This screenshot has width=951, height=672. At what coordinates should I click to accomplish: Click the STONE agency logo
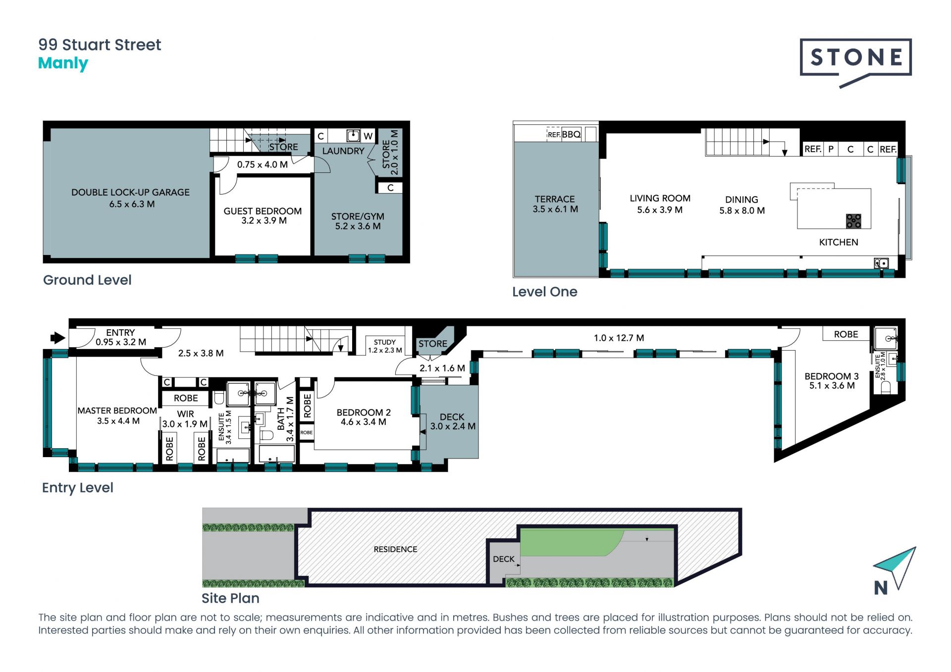tap(855, 62)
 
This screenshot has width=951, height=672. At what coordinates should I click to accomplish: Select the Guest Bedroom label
tap(263, 216)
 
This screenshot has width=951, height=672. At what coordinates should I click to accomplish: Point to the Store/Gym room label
tap(358, 221)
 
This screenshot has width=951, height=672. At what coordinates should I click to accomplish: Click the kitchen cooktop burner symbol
tap(853, 221)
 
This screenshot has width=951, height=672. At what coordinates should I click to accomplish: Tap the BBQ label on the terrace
tap(571, 134)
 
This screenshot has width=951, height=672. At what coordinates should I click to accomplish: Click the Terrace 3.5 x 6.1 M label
tap(555, 204)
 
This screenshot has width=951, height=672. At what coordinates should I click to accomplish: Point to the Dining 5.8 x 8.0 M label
tap(742, 205)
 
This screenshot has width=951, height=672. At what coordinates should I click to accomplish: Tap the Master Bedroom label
tap(117, 416)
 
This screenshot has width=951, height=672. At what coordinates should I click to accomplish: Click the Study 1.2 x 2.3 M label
tap(385, 346)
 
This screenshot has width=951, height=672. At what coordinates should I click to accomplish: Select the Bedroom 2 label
tap(364, 417)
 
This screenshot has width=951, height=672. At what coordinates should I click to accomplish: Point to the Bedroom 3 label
tap(832, 381)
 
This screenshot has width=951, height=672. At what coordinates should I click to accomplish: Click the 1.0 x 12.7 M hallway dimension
tap(619, 338)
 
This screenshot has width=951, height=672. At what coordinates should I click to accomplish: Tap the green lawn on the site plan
tap(570, 542)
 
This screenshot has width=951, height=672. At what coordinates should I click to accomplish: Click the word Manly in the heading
tap(63, 63)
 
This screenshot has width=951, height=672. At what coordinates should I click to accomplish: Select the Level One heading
tap(545, 292)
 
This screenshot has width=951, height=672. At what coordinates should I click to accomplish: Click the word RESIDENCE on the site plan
tap(395, 549)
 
